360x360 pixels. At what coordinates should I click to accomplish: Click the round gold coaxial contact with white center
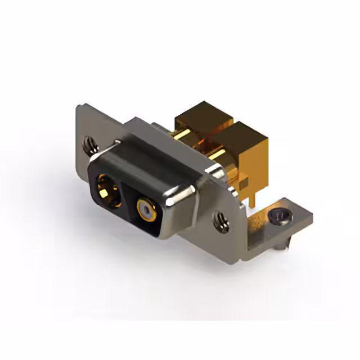(146, 211)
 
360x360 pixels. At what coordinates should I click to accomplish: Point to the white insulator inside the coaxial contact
(146, 212)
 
